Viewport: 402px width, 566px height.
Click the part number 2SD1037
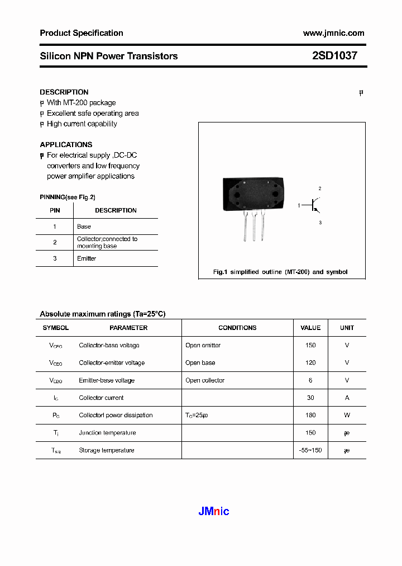(x=334, y=56)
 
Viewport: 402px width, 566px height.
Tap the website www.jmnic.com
(x=333, y=33)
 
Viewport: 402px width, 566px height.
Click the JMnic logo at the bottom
(x=214, y=511)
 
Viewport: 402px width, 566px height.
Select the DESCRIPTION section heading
(x=64, y=92)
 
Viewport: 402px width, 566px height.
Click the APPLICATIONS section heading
(x=66, y=144)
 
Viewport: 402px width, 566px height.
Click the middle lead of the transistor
(x=254, y=227)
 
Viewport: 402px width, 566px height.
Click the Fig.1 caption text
(x=280, y=272)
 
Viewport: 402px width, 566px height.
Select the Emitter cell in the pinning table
(x=87, y=258)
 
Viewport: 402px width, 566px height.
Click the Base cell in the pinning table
(x=84, y=227)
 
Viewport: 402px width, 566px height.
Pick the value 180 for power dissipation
(x=310, y=415)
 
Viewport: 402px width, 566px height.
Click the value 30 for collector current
(x=310, y=398)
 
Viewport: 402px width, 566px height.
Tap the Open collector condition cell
(x=205, y=380)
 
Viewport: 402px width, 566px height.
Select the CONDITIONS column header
(x=237, y=328)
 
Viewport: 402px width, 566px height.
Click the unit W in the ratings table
(x=347, y=415)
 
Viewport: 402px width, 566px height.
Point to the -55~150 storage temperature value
(x=310, y=450)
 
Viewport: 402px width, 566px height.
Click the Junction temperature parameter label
(x=107, y=433)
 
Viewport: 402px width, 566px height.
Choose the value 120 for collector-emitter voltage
(x=310, y=363)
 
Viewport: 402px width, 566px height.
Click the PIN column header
(x=55, y=210)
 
